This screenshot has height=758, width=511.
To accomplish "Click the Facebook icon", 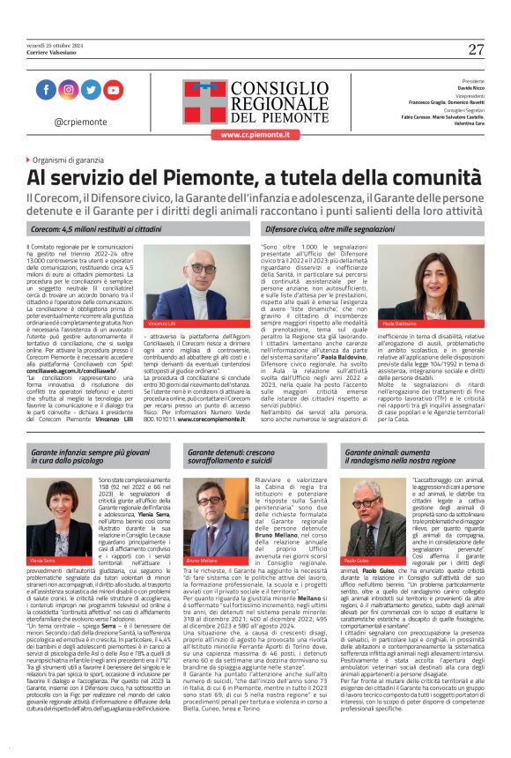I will (x=46, y=90).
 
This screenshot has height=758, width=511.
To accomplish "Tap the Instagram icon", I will (x=68, y=90).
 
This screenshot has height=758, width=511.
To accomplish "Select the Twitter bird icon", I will (x=90, y=90).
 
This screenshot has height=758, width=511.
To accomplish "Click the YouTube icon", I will (x=113, y=90).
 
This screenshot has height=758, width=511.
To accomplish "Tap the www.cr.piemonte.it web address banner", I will (x=255, y=134).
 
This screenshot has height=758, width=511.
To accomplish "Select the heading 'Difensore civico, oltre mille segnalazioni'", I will (x=330, y=228).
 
